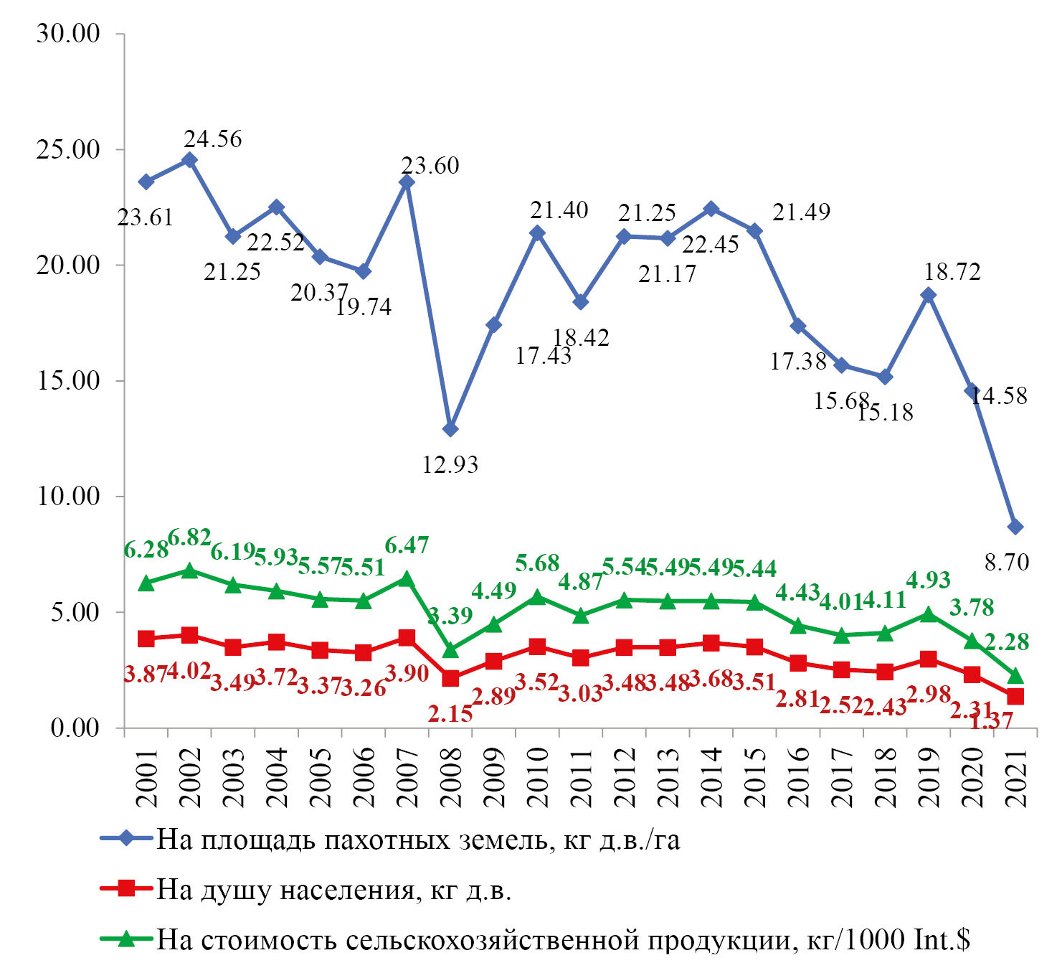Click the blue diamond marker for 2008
450,429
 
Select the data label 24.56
213,138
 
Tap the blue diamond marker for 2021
1015,527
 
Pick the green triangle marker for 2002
189,570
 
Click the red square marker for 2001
146,638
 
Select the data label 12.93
450,465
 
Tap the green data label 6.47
407,545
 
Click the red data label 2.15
450,713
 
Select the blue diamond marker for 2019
929,294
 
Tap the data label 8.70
1006,563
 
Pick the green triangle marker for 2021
1015,676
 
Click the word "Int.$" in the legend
942,939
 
